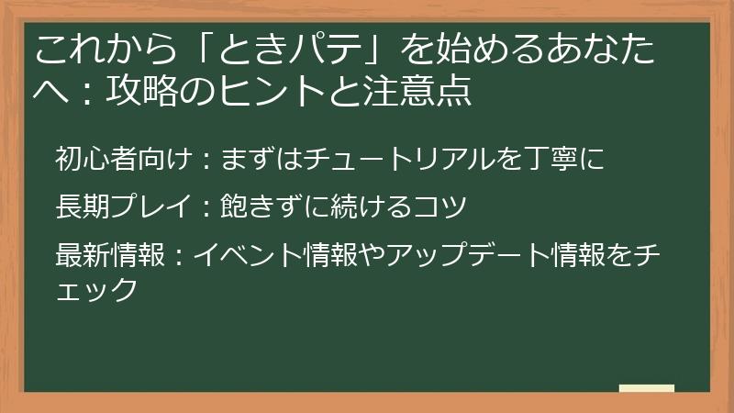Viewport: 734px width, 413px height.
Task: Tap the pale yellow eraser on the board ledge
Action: (x=646, y=388)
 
